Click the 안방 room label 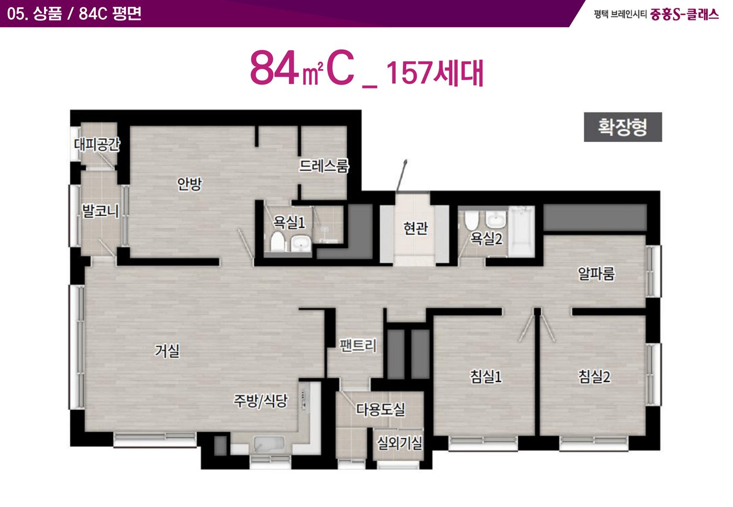click(x=190, y=184)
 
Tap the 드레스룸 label click(x=324, y=166)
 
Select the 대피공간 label click(x=97, y=144)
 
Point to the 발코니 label click(x=101, y=211)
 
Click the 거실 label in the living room click(x=167, y=351)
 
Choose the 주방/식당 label click(x=261, y=401)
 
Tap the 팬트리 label click(x=358, y=345)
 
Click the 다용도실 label click(x=381, y=409)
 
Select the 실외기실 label click(x=399, y=443)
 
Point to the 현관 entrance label click(x=416, y=228)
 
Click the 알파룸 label click(x=596, y=274)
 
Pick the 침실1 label click(x=486, y=376)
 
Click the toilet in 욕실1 click(x=277, y=241)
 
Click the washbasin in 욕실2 click(x=496, y=219)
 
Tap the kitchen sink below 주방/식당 click(x=269, y=444)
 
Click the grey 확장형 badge click(x=623, y=127)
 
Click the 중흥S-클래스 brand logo click(x=685, y=15)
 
